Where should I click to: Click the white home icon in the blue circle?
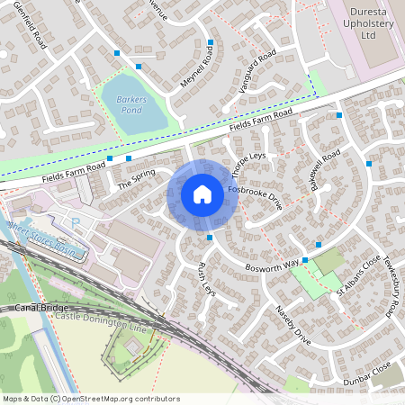pos(202,194)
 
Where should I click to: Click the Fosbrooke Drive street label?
pos(256,199)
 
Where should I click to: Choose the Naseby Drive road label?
pos(293,326)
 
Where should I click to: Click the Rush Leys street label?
pos(206,280)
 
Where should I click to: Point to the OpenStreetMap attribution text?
pos(90,398)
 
